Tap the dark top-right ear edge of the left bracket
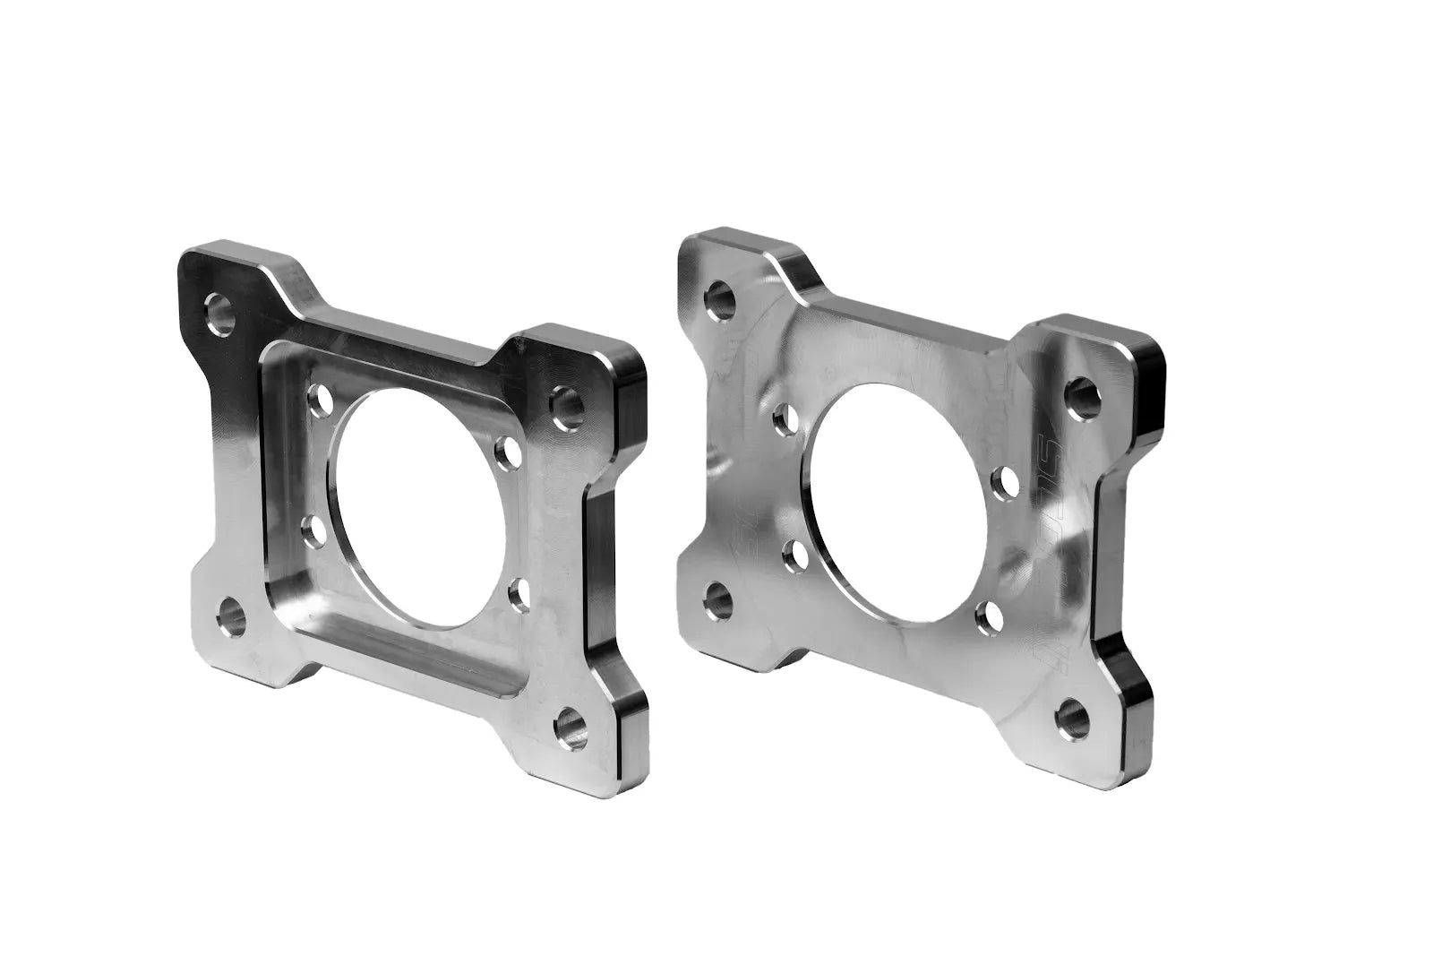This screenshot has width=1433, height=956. click(631, 376)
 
